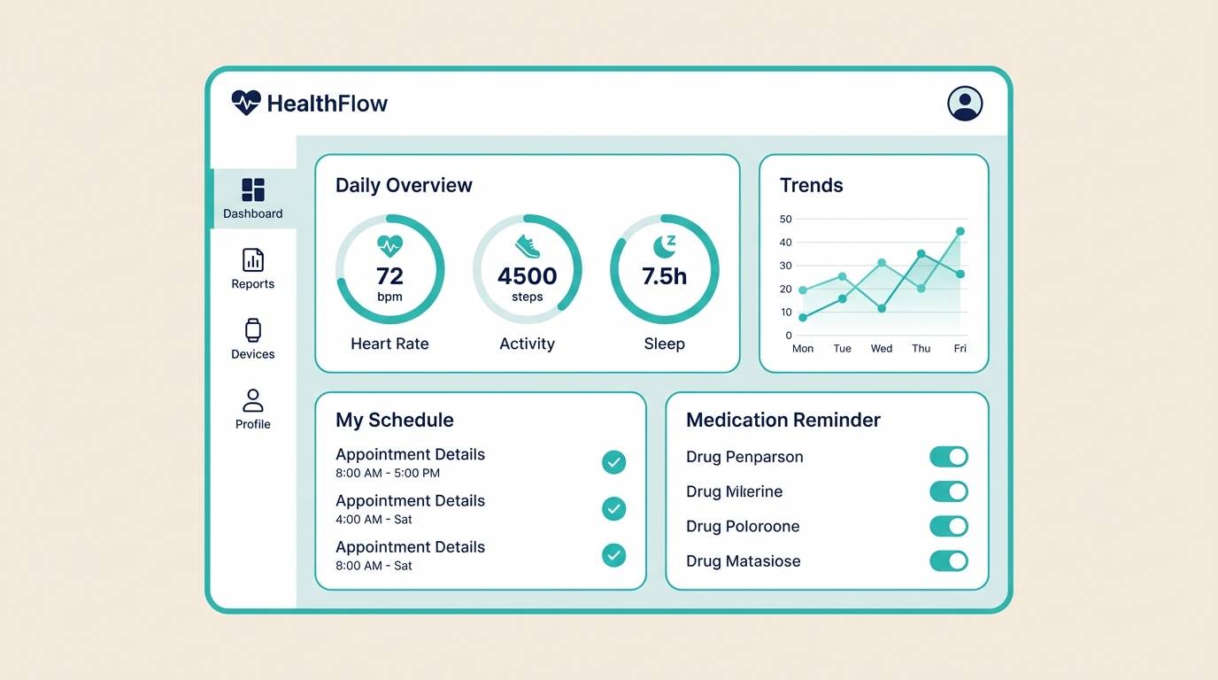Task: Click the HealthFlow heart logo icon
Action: tap(246, 103)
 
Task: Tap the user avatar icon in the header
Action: tap(965, 104)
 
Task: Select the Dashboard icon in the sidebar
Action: tap(253, 189)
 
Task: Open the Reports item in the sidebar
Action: tap(253, 269)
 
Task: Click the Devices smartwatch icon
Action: tap(253, 330)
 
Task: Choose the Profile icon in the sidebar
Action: tap(253, 400)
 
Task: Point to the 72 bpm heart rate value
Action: tap(389, 276)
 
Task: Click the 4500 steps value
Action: tap(527, 276)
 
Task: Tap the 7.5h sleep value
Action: tap(664, 276)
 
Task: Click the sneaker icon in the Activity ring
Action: tap(527, 246)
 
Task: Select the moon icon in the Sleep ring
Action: tap(664, 246)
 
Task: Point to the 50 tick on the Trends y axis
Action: tap(786, 219)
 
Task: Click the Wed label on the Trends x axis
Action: tap(882, 349)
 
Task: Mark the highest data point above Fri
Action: tap(960, 231)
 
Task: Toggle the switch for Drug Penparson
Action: tap(949, 457)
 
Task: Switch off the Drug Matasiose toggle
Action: tap(949, 560)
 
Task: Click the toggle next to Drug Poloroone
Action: tap(949, 526)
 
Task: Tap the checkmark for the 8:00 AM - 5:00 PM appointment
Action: tap(613, 462)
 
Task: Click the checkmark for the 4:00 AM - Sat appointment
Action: tap(613, 508)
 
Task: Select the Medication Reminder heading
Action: tap(783, 420)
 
